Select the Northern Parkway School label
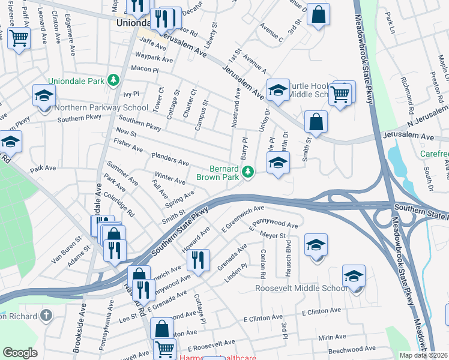pyautogui.click(x=101, y=108)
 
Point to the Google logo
pyautogui.click(x=20, y=353)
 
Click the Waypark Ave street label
pyautogui.click(x=154, y=59)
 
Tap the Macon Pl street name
pyautogui.click(x=144, y=70)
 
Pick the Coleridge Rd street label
pyautogui.click(x=122, y=204)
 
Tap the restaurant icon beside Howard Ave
pyautogui.click(x=197, y=260)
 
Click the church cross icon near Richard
pyautogui.click(x=46, y=316)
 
